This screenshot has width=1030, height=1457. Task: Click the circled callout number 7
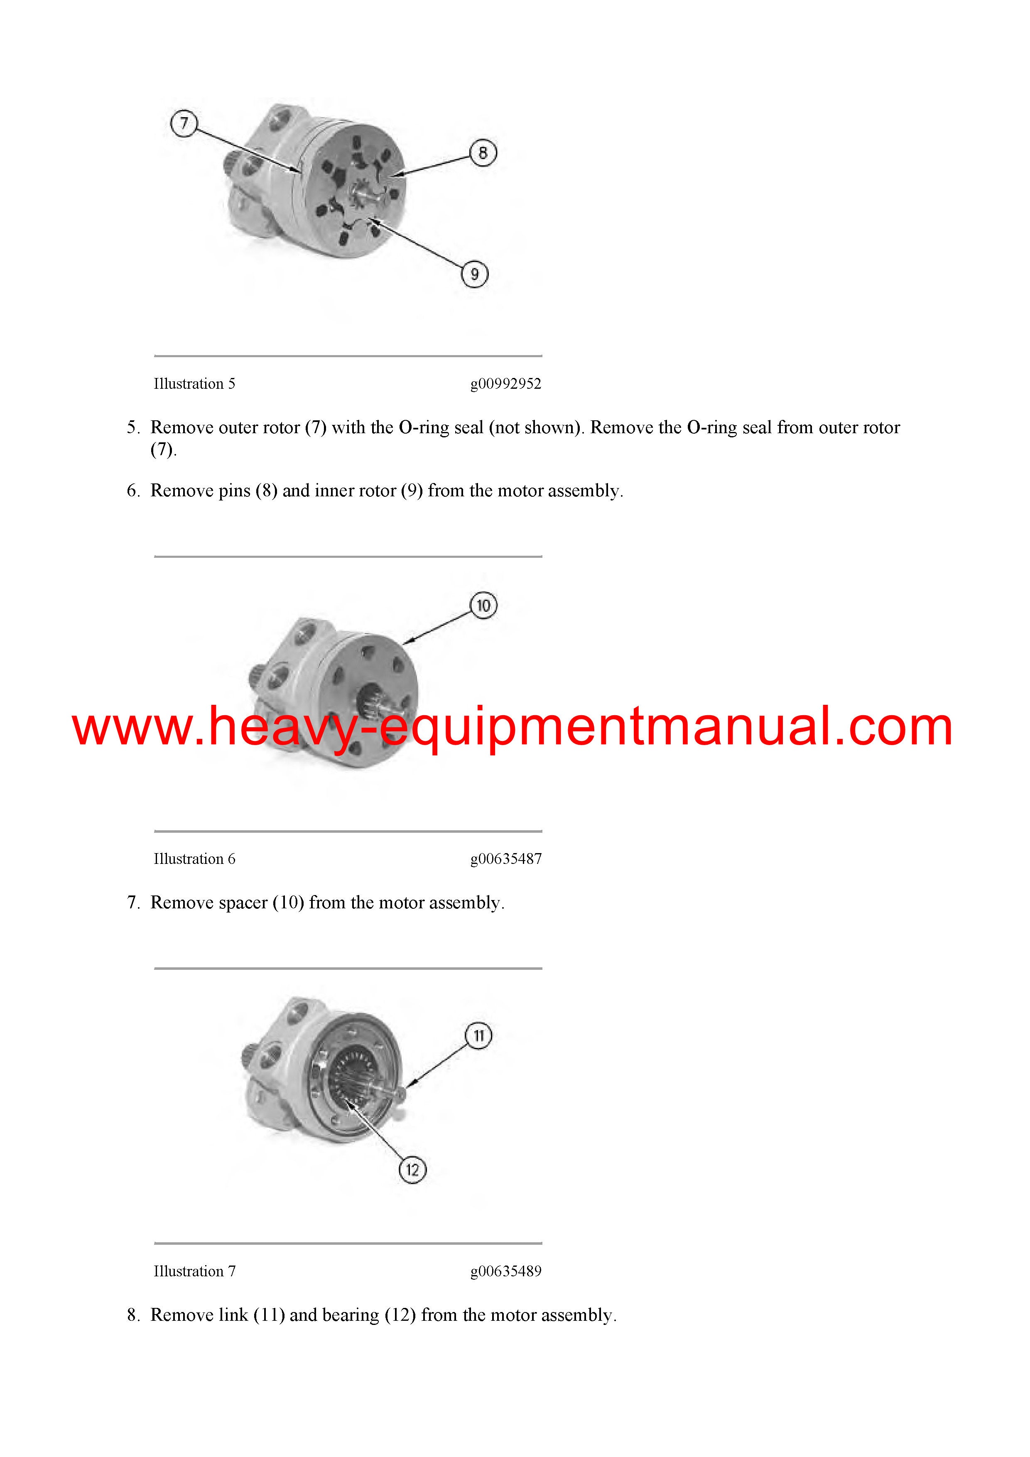tap(184, 123)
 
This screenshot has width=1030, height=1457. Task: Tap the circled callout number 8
tap(483, 153)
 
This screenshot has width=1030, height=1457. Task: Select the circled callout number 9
tap(474, 274)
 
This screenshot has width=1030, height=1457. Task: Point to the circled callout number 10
tap(483, 606)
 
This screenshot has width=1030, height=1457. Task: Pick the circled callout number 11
tap(478, 1035)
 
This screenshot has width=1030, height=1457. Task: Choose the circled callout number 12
tap(412, 1170)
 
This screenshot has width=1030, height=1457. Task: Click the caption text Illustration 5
tap(194, 384)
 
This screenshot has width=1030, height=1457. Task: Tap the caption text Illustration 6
tap(194, 859)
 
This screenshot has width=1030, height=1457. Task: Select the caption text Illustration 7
tap(194, 1271)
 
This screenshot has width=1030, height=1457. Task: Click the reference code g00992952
tap(506, 384)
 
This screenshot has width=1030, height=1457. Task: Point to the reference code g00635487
tap(506, 859)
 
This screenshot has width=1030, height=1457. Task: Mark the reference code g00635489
tap(506, 1271)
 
